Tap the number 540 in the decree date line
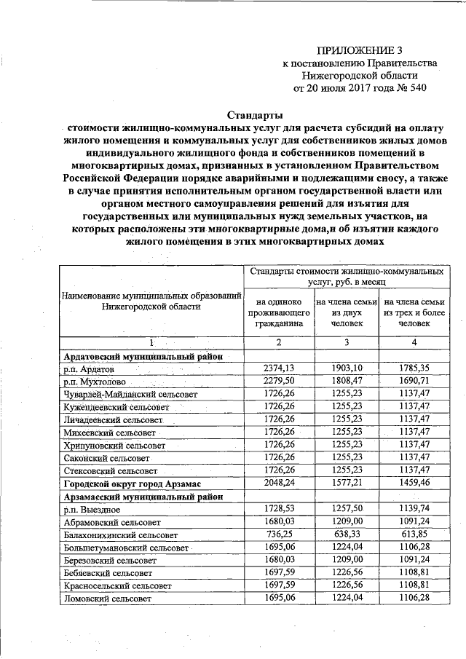414,89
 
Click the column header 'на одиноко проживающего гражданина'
277,311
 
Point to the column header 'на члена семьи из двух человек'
346,311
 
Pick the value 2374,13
277,368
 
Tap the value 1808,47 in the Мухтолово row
346,381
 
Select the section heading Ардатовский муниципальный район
143,356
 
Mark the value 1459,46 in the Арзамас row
414,483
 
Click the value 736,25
277,534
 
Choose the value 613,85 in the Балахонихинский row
414,534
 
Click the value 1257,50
346,509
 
